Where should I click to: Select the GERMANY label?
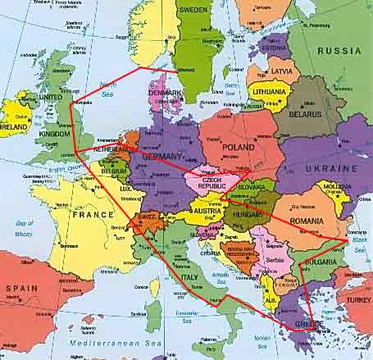tap(161, 157)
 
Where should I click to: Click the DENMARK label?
tap(166, 93)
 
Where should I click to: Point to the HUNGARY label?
tap(246, 215)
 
